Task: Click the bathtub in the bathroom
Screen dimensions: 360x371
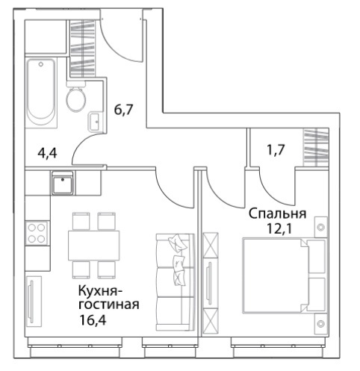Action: pos(40,93)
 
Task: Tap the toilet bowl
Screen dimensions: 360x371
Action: pos(76,96)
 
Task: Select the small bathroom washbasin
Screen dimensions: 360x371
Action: pos(95,121)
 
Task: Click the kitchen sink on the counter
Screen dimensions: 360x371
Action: pos(63,183)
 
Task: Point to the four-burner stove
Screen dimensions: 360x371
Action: pos(37,233)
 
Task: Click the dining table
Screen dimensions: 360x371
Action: pos(94,246)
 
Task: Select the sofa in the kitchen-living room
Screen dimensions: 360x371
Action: pos(175,282)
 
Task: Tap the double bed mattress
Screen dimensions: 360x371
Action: pos(276,275)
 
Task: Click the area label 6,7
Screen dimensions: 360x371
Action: pos(123,110)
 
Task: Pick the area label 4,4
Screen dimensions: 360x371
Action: pos(47,153)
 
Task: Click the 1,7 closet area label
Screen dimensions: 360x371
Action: pos(276,150)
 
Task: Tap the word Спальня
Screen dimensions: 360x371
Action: pos(278,214)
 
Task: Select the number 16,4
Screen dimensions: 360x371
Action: pos(93,320)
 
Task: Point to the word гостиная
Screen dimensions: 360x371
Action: pos(109,305)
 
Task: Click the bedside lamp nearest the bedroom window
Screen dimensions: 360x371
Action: pos(321,323)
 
